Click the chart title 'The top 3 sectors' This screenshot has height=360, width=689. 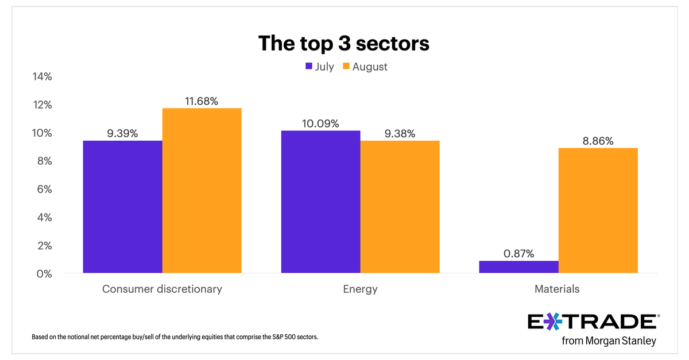pyautogui.click(x=344, y=43)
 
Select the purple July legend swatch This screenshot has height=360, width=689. pyautogui.click(x=308, y=67)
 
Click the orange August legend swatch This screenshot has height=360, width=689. pyautogui.click(x=346, y=67)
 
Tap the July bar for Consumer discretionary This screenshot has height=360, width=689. pyautogui.click(x=123, y=207)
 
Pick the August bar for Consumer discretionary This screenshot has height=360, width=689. pyautogui.click(x=202, y=191)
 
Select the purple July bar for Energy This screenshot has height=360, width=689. pyautogui.click(x=320, y=202)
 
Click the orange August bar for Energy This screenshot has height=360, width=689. pyautogui.click(x=400, y=207)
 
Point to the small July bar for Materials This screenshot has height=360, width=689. pyautogui.click(x=518, y=267)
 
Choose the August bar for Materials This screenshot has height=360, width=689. pyautogui.click(x=598, y=210)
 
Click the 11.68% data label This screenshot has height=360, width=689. pyautogui.click(x=202, y=101)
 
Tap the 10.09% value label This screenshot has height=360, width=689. pyautogui.click(x=320, y=123)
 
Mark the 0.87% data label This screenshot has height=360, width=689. pyautogui.click(x=518, y=253)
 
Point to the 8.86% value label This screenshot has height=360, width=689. pyautogui.click(x=598, y=141)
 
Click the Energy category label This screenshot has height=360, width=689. pyautogui.click(x=360, y=289)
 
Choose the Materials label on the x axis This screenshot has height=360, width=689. pyautogui.click(x=558, y=289)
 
